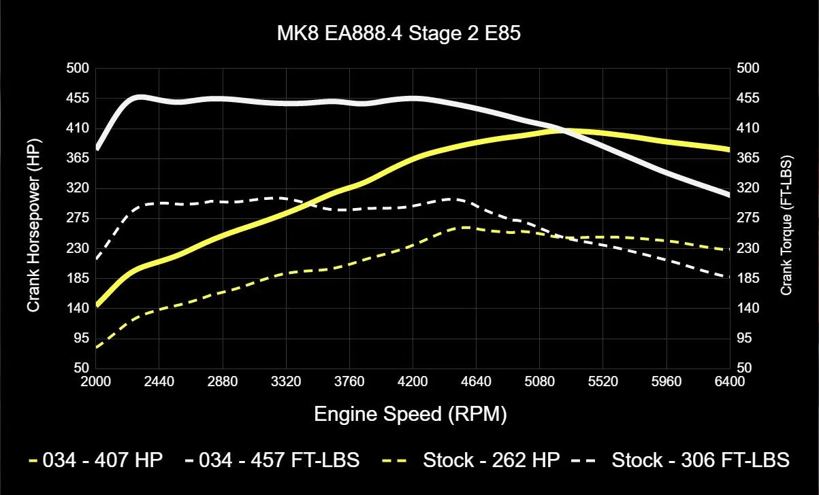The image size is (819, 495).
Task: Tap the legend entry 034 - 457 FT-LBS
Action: [272, 460]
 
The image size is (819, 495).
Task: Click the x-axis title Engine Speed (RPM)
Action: [410, 414]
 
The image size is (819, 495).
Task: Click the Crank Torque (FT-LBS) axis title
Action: [786, 218]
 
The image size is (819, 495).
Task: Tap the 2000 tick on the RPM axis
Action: [96, 382]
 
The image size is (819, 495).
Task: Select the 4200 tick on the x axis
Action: [413, 382]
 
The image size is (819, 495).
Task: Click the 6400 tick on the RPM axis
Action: [730, 382]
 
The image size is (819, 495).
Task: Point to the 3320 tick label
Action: [286, 382]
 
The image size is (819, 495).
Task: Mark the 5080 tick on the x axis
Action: [539, 382]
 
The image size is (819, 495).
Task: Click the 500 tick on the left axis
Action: [78, 69]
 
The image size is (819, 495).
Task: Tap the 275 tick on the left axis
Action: [78, 218]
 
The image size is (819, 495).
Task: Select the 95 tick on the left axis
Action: [81, 338]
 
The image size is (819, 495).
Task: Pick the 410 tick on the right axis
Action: [748, 129]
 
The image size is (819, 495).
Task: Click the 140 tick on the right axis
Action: [748, 308]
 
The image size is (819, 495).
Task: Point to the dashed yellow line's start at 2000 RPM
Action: [97, 347]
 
